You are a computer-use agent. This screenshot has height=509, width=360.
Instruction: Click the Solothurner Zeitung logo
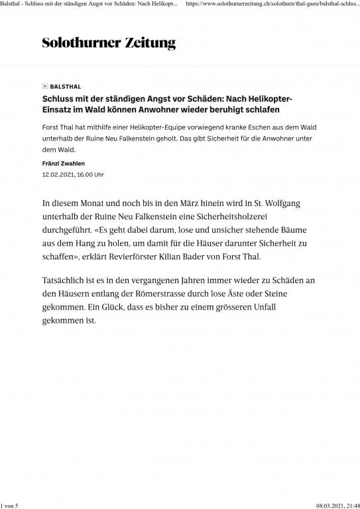coord(109,44)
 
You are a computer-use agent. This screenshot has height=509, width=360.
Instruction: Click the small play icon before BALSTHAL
coord(44,87)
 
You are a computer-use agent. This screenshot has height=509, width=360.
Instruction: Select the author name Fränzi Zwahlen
coord(65,163)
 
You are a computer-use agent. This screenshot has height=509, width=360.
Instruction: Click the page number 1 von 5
coord(12,504)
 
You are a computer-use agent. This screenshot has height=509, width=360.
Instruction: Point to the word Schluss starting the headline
coord(58,98)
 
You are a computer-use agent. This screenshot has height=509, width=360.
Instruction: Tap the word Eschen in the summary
coord(256,126)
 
